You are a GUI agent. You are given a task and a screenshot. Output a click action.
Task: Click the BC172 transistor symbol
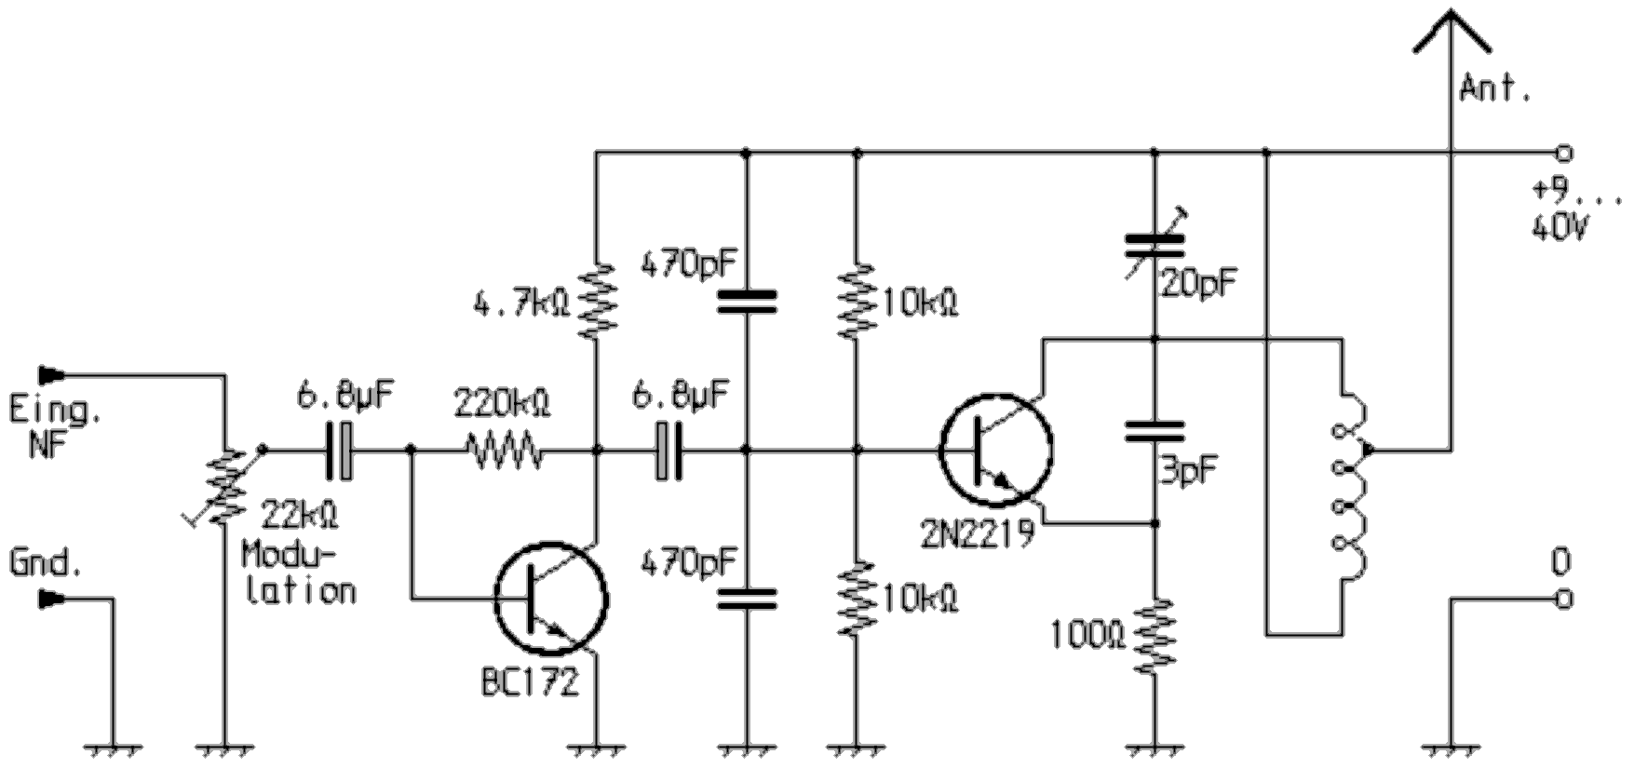click(551, 599)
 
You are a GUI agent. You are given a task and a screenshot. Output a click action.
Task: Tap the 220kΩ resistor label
click(502, 403)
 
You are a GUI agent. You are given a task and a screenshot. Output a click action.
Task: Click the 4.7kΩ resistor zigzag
click(597, 300)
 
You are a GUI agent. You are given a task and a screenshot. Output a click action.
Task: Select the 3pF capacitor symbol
click(1155, 430)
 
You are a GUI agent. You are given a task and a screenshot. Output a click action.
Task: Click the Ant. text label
click(1495, 89)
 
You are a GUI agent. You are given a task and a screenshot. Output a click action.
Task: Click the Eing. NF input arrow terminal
click(51, 375)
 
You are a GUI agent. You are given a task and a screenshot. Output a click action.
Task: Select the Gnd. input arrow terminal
click(51, 600)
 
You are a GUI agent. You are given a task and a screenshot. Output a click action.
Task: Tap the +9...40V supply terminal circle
click(1564, 152)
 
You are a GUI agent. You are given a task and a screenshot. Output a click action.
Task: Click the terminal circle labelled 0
click(1564, 600)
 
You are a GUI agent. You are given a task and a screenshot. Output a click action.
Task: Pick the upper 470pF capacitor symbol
click(746, 300)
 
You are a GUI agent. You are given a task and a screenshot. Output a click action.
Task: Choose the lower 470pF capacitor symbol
click(746, 599)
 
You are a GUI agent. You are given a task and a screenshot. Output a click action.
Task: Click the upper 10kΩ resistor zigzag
click(858, 300)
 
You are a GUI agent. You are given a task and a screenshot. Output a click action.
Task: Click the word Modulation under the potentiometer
click(298, 573)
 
